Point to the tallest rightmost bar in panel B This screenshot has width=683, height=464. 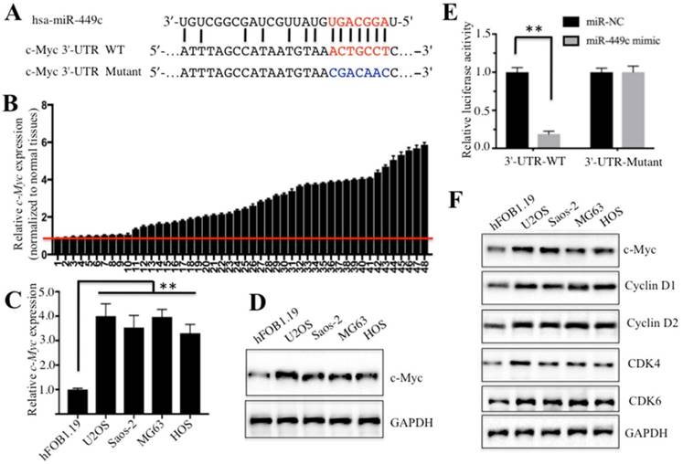tap(424, 191)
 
